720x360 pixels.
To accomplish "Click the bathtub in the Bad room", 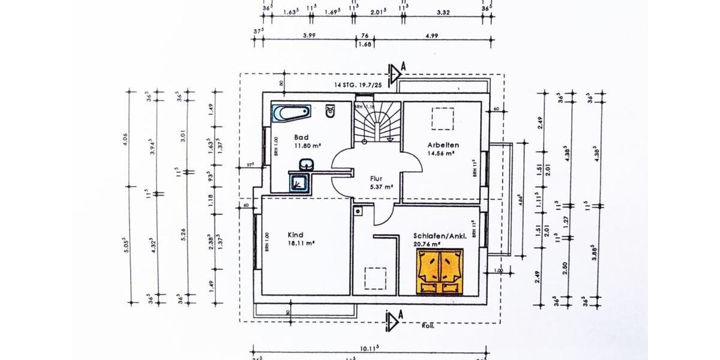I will [x=291, y=113].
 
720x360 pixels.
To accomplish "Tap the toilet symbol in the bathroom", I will [x=329, y=111].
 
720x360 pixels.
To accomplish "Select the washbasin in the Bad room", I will [x=306, y=164].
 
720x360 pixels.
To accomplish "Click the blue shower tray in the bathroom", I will [x=299, y=183].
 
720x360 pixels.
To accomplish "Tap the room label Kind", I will [x=296, y=235].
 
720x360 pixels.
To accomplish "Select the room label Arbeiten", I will [x=443, y=145].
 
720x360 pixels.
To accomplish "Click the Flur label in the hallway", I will [x=376, y=178].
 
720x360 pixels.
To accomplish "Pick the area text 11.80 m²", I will [x=307, y=145].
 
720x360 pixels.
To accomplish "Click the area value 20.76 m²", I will [x=427, y=244].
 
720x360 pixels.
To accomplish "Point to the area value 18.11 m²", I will [x=302, y=243].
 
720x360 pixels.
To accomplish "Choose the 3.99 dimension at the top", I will [x=310, y=35].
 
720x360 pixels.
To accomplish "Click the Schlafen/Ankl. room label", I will [x=440, y=236].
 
